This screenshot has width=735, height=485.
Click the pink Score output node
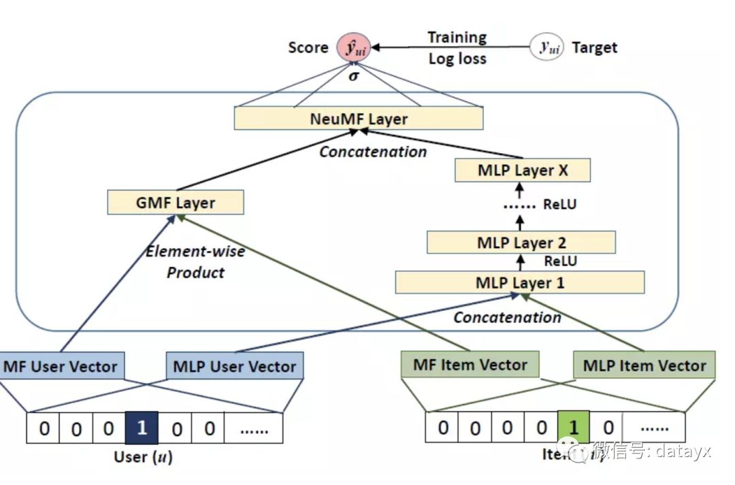353,48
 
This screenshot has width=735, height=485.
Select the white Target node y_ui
546,48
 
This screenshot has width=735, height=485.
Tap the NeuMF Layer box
359,119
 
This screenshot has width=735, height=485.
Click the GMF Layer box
176,203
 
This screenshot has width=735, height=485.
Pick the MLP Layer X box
523,171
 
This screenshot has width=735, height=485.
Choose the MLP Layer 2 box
521,242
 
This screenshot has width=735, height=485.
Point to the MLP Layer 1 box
520,282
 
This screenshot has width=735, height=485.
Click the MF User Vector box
61,367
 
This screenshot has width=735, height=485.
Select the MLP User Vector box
235,367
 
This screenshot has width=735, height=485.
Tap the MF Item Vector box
470,365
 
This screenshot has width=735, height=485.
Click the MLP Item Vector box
644,367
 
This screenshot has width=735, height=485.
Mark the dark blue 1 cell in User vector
142,429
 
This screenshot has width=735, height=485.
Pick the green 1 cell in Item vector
574,427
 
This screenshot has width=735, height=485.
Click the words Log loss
457,58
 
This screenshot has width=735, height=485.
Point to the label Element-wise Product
195,262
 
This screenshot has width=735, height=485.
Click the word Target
595,48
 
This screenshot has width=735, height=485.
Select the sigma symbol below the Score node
353,76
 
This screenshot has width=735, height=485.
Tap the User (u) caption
143,457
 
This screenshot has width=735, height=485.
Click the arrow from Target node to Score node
449,48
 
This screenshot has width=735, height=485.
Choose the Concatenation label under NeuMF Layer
373,152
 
